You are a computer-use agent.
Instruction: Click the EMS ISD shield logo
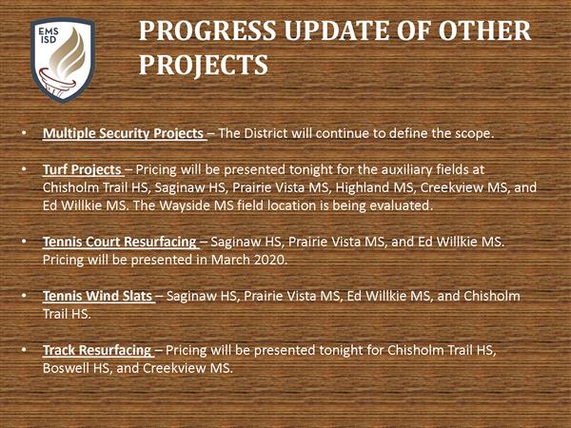tap(63, 60)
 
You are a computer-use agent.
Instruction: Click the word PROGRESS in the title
tap(207, 30)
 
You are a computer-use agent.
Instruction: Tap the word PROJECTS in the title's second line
tap(204, 65)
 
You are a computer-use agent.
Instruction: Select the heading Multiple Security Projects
tap(123, 133)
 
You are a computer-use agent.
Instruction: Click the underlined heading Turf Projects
tap(82, 169)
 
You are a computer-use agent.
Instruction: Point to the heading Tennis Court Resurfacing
tap(120, 242)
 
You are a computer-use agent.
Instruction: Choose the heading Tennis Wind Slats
tap(97, 296)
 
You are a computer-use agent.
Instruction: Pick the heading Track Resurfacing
tap(97, 350)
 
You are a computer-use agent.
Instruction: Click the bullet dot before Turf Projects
tap(24, 170)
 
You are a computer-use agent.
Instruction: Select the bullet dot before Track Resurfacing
tap(24, 350)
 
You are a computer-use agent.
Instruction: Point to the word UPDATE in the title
tap(337, 30)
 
